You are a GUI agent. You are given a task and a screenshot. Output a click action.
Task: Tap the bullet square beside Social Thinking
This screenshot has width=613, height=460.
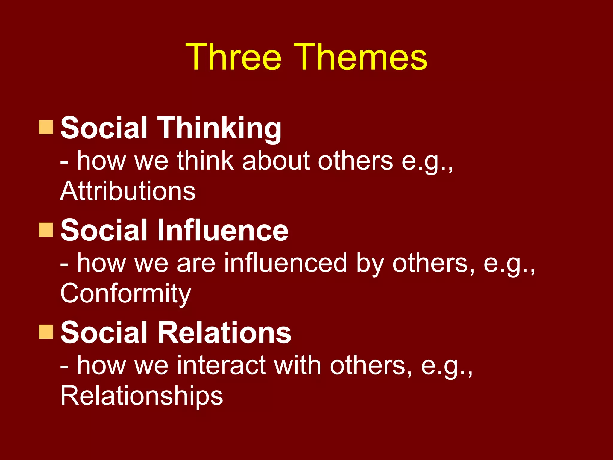coord(46,127)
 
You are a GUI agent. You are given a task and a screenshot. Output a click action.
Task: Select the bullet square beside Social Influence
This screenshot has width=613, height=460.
coord(46,230)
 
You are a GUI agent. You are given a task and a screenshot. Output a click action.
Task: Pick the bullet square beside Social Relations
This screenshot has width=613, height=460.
coord(46,332)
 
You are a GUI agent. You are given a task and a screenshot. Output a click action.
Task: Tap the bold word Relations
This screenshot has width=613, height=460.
coord(224,332)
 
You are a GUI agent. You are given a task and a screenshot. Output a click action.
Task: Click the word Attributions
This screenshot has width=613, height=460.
coord(128,191)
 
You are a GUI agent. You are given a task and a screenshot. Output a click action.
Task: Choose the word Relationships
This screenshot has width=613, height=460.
coord(142,396)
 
